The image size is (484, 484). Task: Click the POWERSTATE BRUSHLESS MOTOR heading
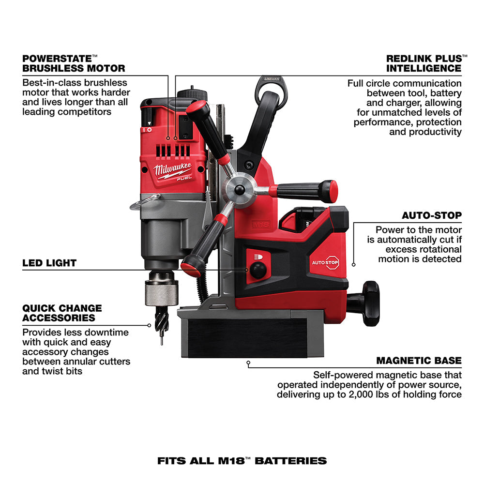pyautogui.click(x=74, y=63)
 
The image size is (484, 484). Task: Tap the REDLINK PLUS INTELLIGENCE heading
pyautogui.click(x=424, y=63)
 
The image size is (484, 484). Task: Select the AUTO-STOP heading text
pyautogui.click(x=432, y=215)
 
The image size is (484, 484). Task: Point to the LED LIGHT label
pyautogui.click(x=49, y=263)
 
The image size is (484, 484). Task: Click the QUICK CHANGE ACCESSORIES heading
pyautogui.click(x=62, y=313)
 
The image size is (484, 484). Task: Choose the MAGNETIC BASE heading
pyautogui.click(x=419, y=361)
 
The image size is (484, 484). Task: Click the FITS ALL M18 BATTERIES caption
pyautogui.click(x=242, y=460)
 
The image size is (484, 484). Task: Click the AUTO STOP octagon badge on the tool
pyautogui.click(x=332, y=262)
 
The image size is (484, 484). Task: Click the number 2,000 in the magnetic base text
pyautogui.click(x=393, y=394)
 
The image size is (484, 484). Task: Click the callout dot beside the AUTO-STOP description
pyautogui.click(x=354, y=264)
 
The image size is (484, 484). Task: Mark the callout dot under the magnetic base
pyautogui.click(x=248, y=362)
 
